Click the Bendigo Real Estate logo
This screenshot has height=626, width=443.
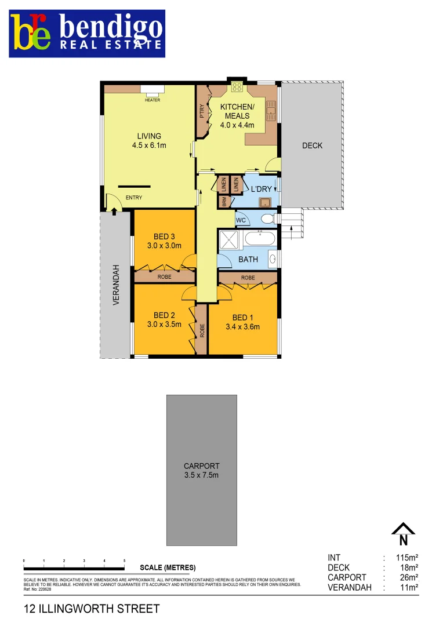pos(87,34)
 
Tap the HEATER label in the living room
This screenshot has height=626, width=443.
pos(152,100)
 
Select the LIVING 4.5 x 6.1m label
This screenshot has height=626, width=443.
pos(149,141)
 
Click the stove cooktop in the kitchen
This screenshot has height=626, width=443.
pos(237,88)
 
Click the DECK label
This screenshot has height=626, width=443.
pos(312,145)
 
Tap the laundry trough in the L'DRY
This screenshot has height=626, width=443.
pos(265,202)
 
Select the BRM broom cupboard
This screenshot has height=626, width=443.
pos(224,202)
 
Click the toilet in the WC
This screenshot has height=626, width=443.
pos(267,219)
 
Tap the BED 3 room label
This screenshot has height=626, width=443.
pos(164,236)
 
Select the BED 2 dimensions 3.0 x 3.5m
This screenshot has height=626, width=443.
pos(164,325)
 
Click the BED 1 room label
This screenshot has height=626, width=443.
pos(242,317)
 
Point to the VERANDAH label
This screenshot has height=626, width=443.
pos(116,285)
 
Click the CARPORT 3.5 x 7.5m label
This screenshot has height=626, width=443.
pos(201,470)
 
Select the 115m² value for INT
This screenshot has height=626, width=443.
pos(407,558)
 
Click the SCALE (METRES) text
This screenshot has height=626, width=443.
pos(168,567)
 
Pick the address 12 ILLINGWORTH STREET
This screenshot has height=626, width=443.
pos(91,609)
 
